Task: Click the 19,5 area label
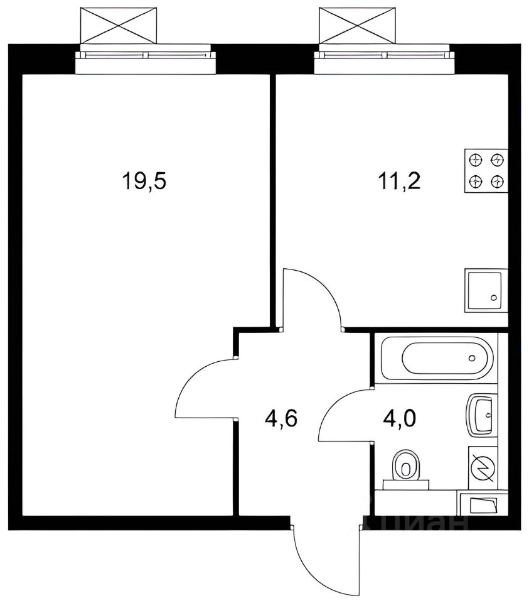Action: point(144,181)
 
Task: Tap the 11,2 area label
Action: point(400,181)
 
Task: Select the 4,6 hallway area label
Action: point(281,418)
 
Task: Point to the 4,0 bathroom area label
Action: point(400,418)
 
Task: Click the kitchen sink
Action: point(486,291)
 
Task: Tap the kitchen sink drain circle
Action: point(494,298)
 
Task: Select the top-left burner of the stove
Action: point(476,159)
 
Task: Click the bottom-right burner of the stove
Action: point(497,181)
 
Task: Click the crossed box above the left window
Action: point(119,25)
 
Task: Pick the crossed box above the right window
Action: point(357,25)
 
